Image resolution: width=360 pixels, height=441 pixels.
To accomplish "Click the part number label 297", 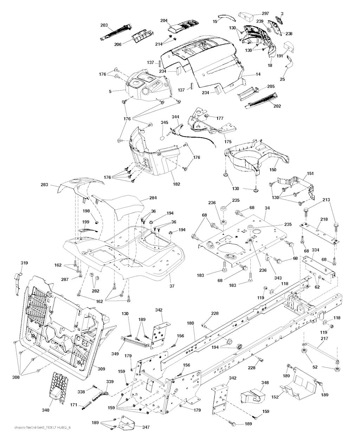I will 265,13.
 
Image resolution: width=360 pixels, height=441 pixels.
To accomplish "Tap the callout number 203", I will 104,25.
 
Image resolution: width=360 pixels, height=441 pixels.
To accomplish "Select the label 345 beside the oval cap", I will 165,122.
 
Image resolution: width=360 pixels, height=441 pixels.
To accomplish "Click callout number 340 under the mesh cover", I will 46,410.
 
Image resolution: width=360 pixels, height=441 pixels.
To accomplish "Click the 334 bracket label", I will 315,250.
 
